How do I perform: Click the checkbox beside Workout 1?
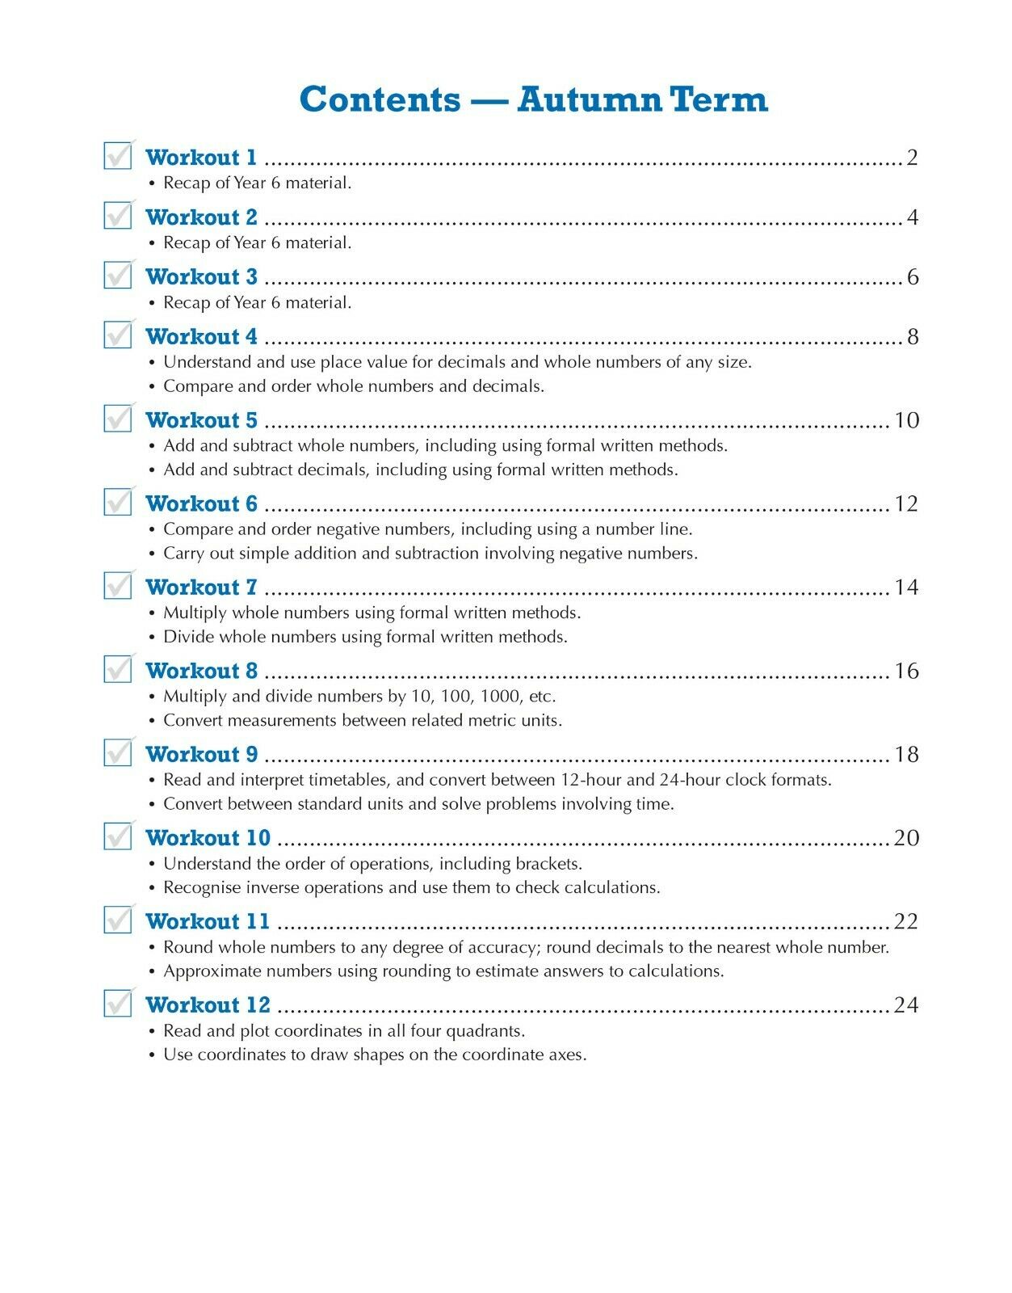point(118,155)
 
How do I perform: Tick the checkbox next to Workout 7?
point(118,585)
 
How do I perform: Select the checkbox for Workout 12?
point(118,1003)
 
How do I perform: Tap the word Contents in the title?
point(380,99)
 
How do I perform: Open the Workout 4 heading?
point(201,336)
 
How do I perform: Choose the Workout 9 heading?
point(201,754)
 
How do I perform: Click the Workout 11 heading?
point(208,921)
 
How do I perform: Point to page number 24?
point(906,1004)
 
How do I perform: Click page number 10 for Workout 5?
point(906,420)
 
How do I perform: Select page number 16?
point(906,671)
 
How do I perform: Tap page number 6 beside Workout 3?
point(913,277)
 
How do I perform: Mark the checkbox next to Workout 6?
point(118,502)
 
